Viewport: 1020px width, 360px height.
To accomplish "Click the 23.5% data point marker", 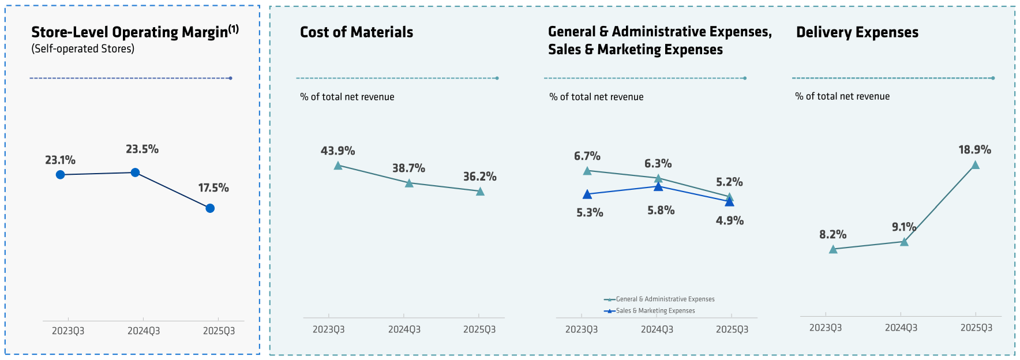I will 135,172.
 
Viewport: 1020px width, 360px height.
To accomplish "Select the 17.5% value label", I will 213,188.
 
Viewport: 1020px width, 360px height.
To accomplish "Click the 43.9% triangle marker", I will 338,166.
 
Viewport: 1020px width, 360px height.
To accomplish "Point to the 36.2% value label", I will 479,177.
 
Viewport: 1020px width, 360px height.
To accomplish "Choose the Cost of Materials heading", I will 357,32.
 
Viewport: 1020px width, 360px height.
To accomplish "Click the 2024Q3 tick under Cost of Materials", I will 404,329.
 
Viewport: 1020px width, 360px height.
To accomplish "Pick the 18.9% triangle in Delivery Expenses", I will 975,165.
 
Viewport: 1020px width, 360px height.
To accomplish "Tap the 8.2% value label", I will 832,235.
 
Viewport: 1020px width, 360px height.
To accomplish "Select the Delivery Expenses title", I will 857,32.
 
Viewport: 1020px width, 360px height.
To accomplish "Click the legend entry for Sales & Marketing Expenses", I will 655,311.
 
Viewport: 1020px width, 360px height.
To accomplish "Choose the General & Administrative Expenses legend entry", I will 665,299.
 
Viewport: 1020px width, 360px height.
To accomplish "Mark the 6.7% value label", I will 587,156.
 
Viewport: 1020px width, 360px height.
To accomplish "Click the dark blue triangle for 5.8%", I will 658,187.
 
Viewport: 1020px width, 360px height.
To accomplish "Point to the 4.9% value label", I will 729,220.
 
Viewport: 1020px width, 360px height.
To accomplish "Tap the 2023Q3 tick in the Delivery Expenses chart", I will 825,328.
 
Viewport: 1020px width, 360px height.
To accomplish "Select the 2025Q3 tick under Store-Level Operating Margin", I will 219,331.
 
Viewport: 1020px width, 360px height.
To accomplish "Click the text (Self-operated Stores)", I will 82,49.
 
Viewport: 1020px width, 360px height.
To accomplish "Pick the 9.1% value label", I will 903,227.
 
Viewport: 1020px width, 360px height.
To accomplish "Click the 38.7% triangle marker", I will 409,183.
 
